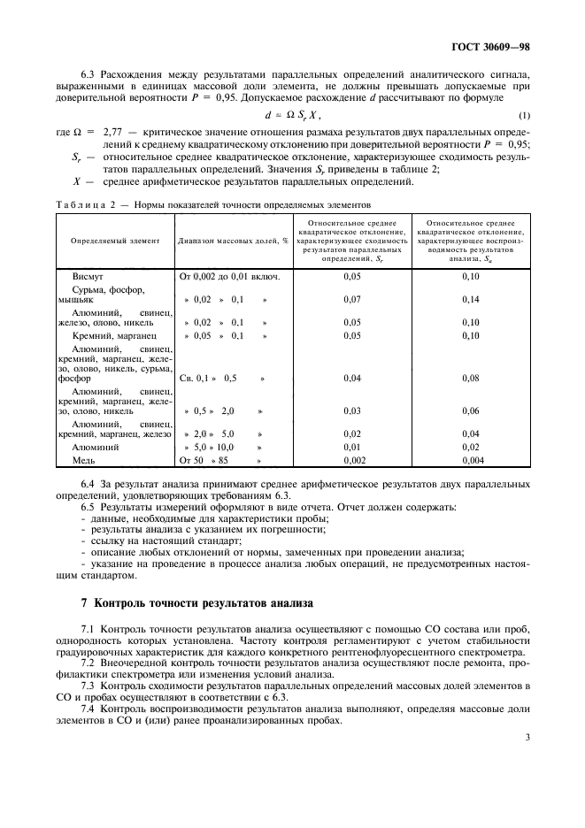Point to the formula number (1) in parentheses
(x=524, y=116)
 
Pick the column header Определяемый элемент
(x=115, y=240)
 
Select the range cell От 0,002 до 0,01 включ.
(x=230, y=277)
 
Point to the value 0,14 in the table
(x=470, y=300)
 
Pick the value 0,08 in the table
(x=470, y=378)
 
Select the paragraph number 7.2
(x=88, y=662)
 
